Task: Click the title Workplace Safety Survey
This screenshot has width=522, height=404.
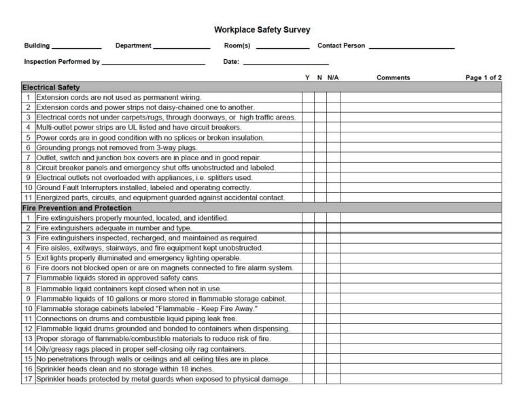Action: coord(262,30)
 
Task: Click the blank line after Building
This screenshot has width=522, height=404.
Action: coord(77,48)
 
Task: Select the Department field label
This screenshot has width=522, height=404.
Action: coord(133,46)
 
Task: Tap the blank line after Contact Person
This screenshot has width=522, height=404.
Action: coord(411,48)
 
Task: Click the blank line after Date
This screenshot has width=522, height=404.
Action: coord(285,63)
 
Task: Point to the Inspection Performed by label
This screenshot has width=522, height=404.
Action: coord(62,62)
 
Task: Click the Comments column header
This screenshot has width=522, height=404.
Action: coord(393,78)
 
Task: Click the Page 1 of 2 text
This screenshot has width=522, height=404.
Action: coord(483,78)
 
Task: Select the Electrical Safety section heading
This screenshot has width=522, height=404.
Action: coord(51,88)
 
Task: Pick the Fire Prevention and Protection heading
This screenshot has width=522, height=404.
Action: coord(77,208)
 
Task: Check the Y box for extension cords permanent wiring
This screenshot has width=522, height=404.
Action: coord(308,98)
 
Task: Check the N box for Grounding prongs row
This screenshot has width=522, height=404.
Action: coord(320,147)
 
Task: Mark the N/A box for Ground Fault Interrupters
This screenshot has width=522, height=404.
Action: coord(333,187)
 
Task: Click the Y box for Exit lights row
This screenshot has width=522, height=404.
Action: coord(308,258)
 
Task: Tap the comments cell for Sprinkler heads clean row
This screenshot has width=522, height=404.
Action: coord(421,369)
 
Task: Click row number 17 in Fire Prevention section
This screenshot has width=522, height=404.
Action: coord(29,379)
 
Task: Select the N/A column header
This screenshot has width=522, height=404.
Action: coord(333,78)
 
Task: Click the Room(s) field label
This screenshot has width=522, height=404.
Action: coord(237,46)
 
